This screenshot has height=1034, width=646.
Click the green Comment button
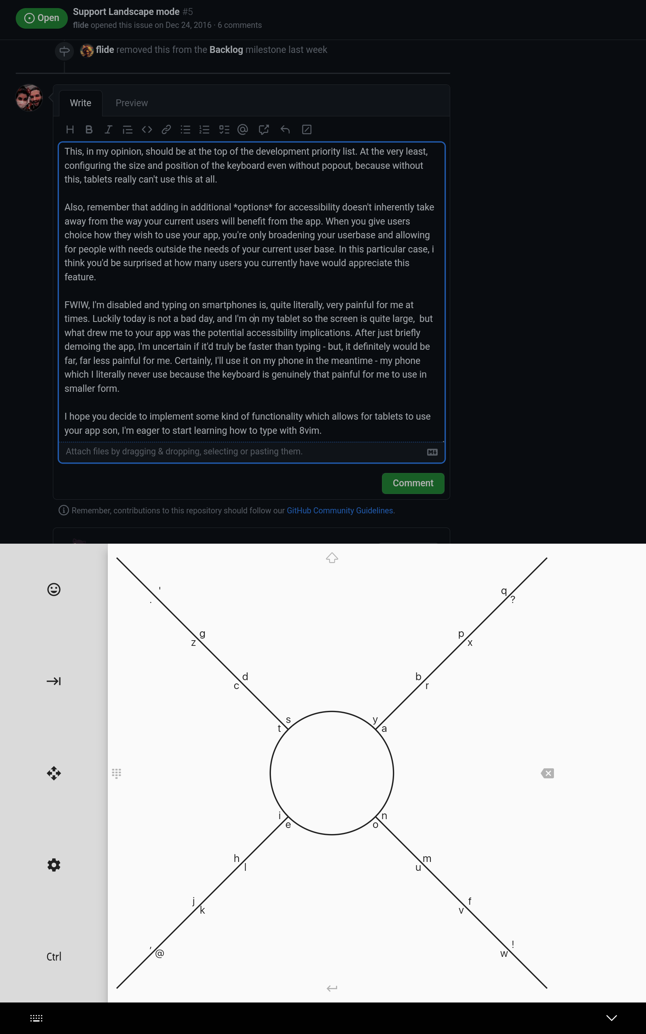pos(413,483)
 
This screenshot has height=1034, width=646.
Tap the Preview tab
pos(132,103)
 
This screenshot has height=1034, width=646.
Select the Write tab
pos(80,103)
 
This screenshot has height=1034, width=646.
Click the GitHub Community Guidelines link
pos(340,511)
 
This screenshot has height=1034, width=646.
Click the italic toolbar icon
pos(109,130)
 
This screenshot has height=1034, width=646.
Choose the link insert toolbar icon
pos(166,130)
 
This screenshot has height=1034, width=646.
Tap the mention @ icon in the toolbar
pos(243,130)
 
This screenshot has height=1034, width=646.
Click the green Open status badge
pos(42,18)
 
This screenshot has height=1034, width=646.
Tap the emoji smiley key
pos(54,590)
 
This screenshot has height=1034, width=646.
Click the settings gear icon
pos(54,865)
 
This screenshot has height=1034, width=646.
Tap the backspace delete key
pos(547,773)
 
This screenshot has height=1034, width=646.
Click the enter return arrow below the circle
pos(332,988)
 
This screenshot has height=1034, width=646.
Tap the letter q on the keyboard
pos(504,591)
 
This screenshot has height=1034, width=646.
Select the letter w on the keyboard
pos(504,954)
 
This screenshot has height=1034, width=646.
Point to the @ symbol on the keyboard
pos(160,954)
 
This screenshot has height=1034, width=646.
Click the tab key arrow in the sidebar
pos(54,681)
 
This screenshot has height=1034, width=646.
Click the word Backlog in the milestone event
pos(226,50)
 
